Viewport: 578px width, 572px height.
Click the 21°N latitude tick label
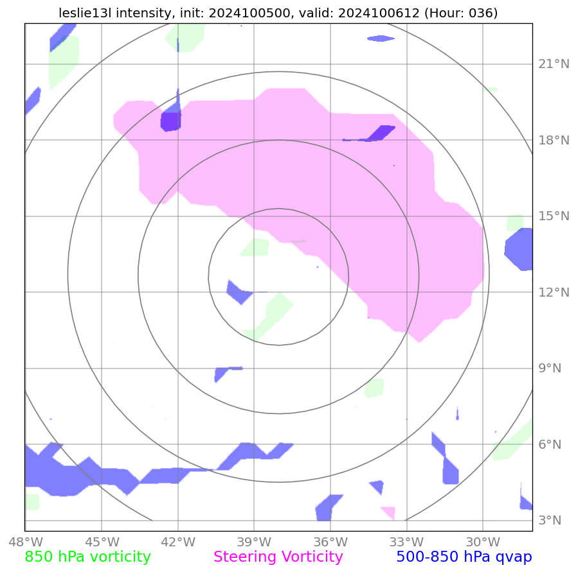coord(554,64)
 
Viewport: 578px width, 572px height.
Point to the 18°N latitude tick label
coord(554,140)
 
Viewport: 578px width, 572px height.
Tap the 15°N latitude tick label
coord(554,216)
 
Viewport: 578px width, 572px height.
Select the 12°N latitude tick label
coord(554,292)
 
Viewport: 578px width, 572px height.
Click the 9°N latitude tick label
coord(551,368)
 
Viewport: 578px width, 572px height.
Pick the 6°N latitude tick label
coord(551,444)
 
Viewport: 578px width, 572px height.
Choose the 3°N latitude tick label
coord(551,521)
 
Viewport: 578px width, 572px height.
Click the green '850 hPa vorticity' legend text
coord(87,557)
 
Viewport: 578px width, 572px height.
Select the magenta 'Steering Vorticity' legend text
coord(278,557)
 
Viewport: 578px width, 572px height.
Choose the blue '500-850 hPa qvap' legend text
coord(464,557)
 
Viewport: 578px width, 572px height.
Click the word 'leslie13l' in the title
coord(85,13)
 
